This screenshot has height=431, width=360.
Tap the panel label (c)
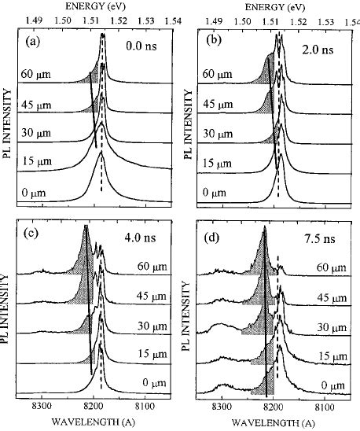(35, 234)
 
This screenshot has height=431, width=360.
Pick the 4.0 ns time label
(141, 234)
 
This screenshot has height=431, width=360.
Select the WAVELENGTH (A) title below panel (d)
(270, 423)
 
